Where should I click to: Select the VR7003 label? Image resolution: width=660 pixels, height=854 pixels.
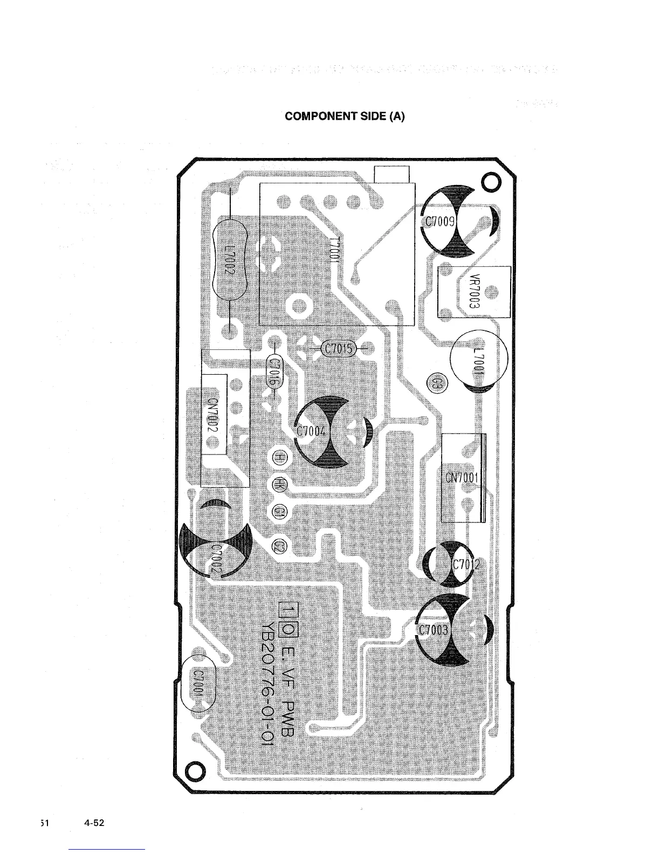pyautogui.click(x=475, y=291)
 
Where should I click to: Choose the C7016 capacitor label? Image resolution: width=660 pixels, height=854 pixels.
pyautogui.click(x=274, y=372)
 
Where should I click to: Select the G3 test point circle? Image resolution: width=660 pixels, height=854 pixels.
pyautogui.click(x=437, y=383)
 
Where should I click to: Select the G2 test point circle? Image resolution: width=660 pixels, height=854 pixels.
pyautogui.click(x=281, y=547)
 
